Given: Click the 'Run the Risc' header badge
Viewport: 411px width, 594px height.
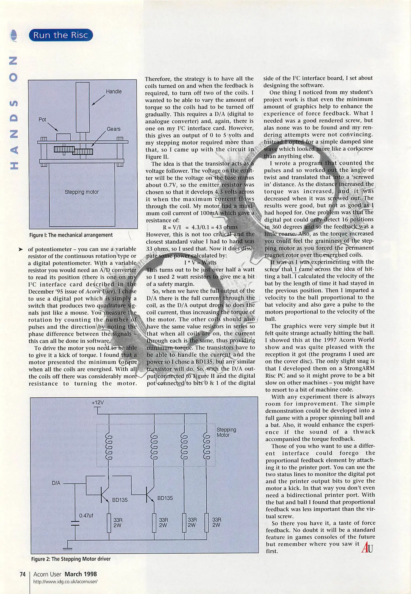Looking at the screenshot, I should [x=61, y=35].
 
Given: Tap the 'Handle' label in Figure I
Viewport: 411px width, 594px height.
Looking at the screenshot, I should [x=114, y=92].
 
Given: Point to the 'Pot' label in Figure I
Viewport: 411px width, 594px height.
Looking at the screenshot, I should [x=42, y=120].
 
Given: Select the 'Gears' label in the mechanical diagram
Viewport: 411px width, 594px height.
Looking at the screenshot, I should [x=113, y=129].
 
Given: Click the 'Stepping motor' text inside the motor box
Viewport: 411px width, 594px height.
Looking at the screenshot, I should [x=82, y=192].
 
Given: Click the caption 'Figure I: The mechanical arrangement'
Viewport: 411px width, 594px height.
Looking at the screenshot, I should [x=71, y=235].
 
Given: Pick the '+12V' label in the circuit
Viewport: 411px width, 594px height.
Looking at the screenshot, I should [x=98, y=403].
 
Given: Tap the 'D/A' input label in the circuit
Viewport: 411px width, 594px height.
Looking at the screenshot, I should [x=56, y=483].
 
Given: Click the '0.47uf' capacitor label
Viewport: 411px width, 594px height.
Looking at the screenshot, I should [x=86, y=516].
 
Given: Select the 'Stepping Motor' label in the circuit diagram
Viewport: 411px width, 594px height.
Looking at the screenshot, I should [x=226, y=432].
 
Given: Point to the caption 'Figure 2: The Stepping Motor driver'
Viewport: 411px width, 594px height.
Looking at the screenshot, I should [x=71, y=559].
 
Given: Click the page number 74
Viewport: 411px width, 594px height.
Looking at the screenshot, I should [x=23, y=574].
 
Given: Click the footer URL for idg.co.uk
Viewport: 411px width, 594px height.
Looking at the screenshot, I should [x=65, y=582].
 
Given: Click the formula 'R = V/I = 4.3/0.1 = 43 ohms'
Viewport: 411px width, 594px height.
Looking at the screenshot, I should [x=200, y=227].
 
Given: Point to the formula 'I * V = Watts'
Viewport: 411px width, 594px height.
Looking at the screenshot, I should [x=200, y=263].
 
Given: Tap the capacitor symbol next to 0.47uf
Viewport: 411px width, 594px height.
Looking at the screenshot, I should [x=75, y=523].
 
